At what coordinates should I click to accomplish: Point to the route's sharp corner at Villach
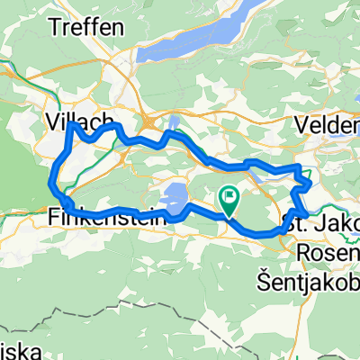point(70,125)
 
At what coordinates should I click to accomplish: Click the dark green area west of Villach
point(18,180)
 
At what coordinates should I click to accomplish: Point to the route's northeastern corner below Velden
point(301,167)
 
